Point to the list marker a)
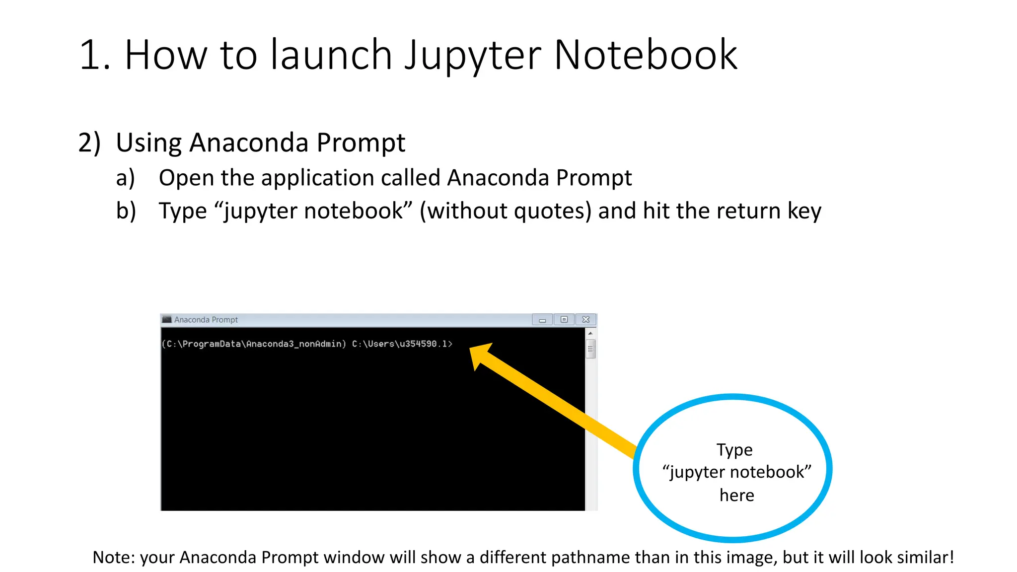coord(125,178)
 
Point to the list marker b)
coord(126,211)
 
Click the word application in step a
coord(318,178)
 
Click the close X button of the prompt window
coord(586,319)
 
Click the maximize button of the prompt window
coord(564,319)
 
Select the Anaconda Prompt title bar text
coord(206,320)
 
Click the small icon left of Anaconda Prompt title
coord(167,319)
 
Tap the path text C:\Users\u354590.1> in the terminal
coord(402,344)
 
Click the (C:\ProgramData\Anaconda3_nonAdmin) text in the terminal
coord(254,344)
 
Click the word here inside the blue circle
coord(736,495)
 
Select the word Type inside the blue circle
coord(734,449)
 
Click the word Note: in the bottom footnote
coord(114,557)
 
